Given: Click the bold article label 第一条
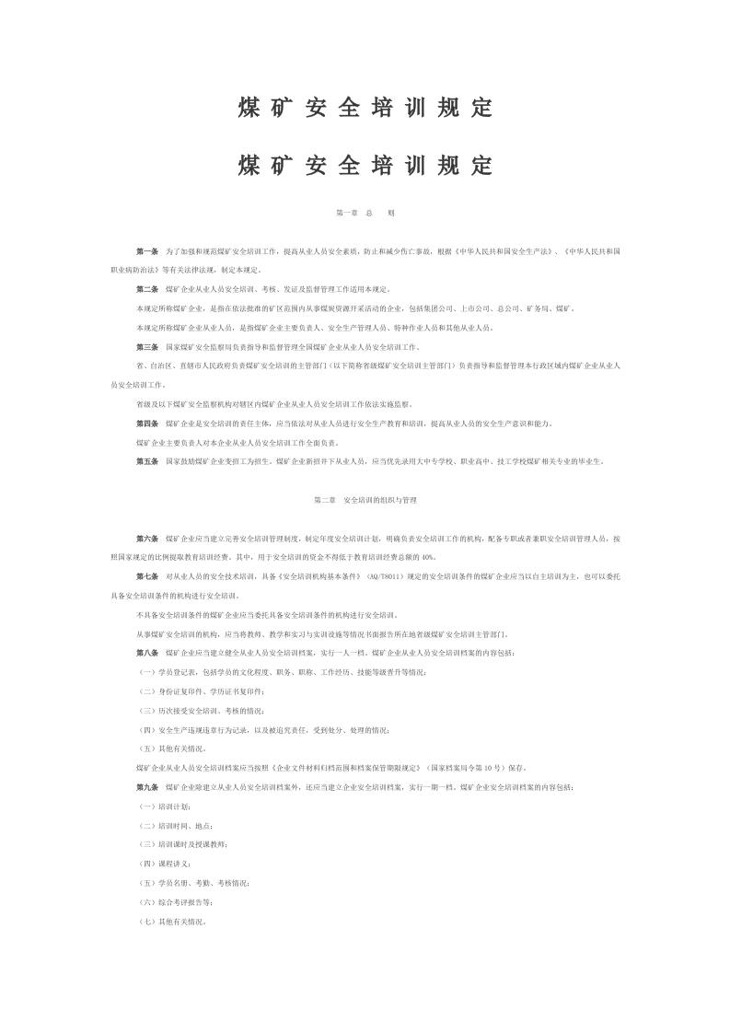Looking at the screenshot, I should click(147, 250).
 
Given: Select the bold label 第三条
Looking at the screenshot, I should click(147, 347).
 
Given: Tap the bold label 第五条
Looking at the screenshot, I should click(147, 461).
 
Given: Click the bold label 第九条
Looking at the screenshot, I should click(147, 787).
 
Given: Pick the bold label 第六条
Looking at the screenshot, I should click(147, 538).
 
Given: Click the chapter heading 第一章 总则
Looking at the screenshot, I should click(365, 213).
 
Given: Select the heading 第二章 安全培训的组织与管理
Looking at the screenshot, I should click(365, 500).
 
